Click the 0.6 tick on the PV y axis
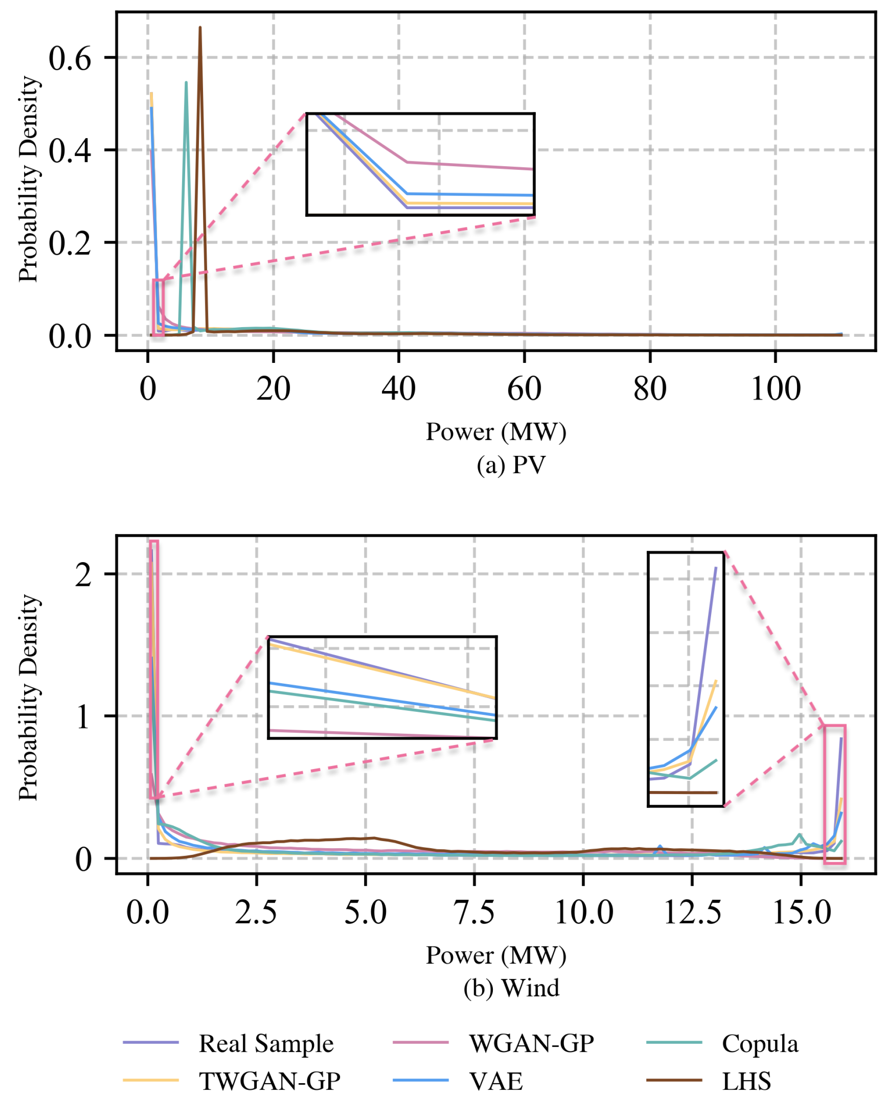70,59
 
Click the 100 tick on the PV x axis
775,389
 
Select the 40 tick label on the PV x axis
398,389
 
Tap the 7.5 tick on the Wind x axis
474,913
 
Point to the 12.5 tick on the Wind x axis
692,913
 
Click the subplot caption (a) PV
511,466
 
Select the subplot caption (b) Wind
511,988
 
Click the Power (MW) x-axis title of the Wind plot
496,955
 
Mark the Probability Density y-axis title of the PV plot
29,180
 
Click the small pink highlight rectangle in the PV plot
159,308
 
